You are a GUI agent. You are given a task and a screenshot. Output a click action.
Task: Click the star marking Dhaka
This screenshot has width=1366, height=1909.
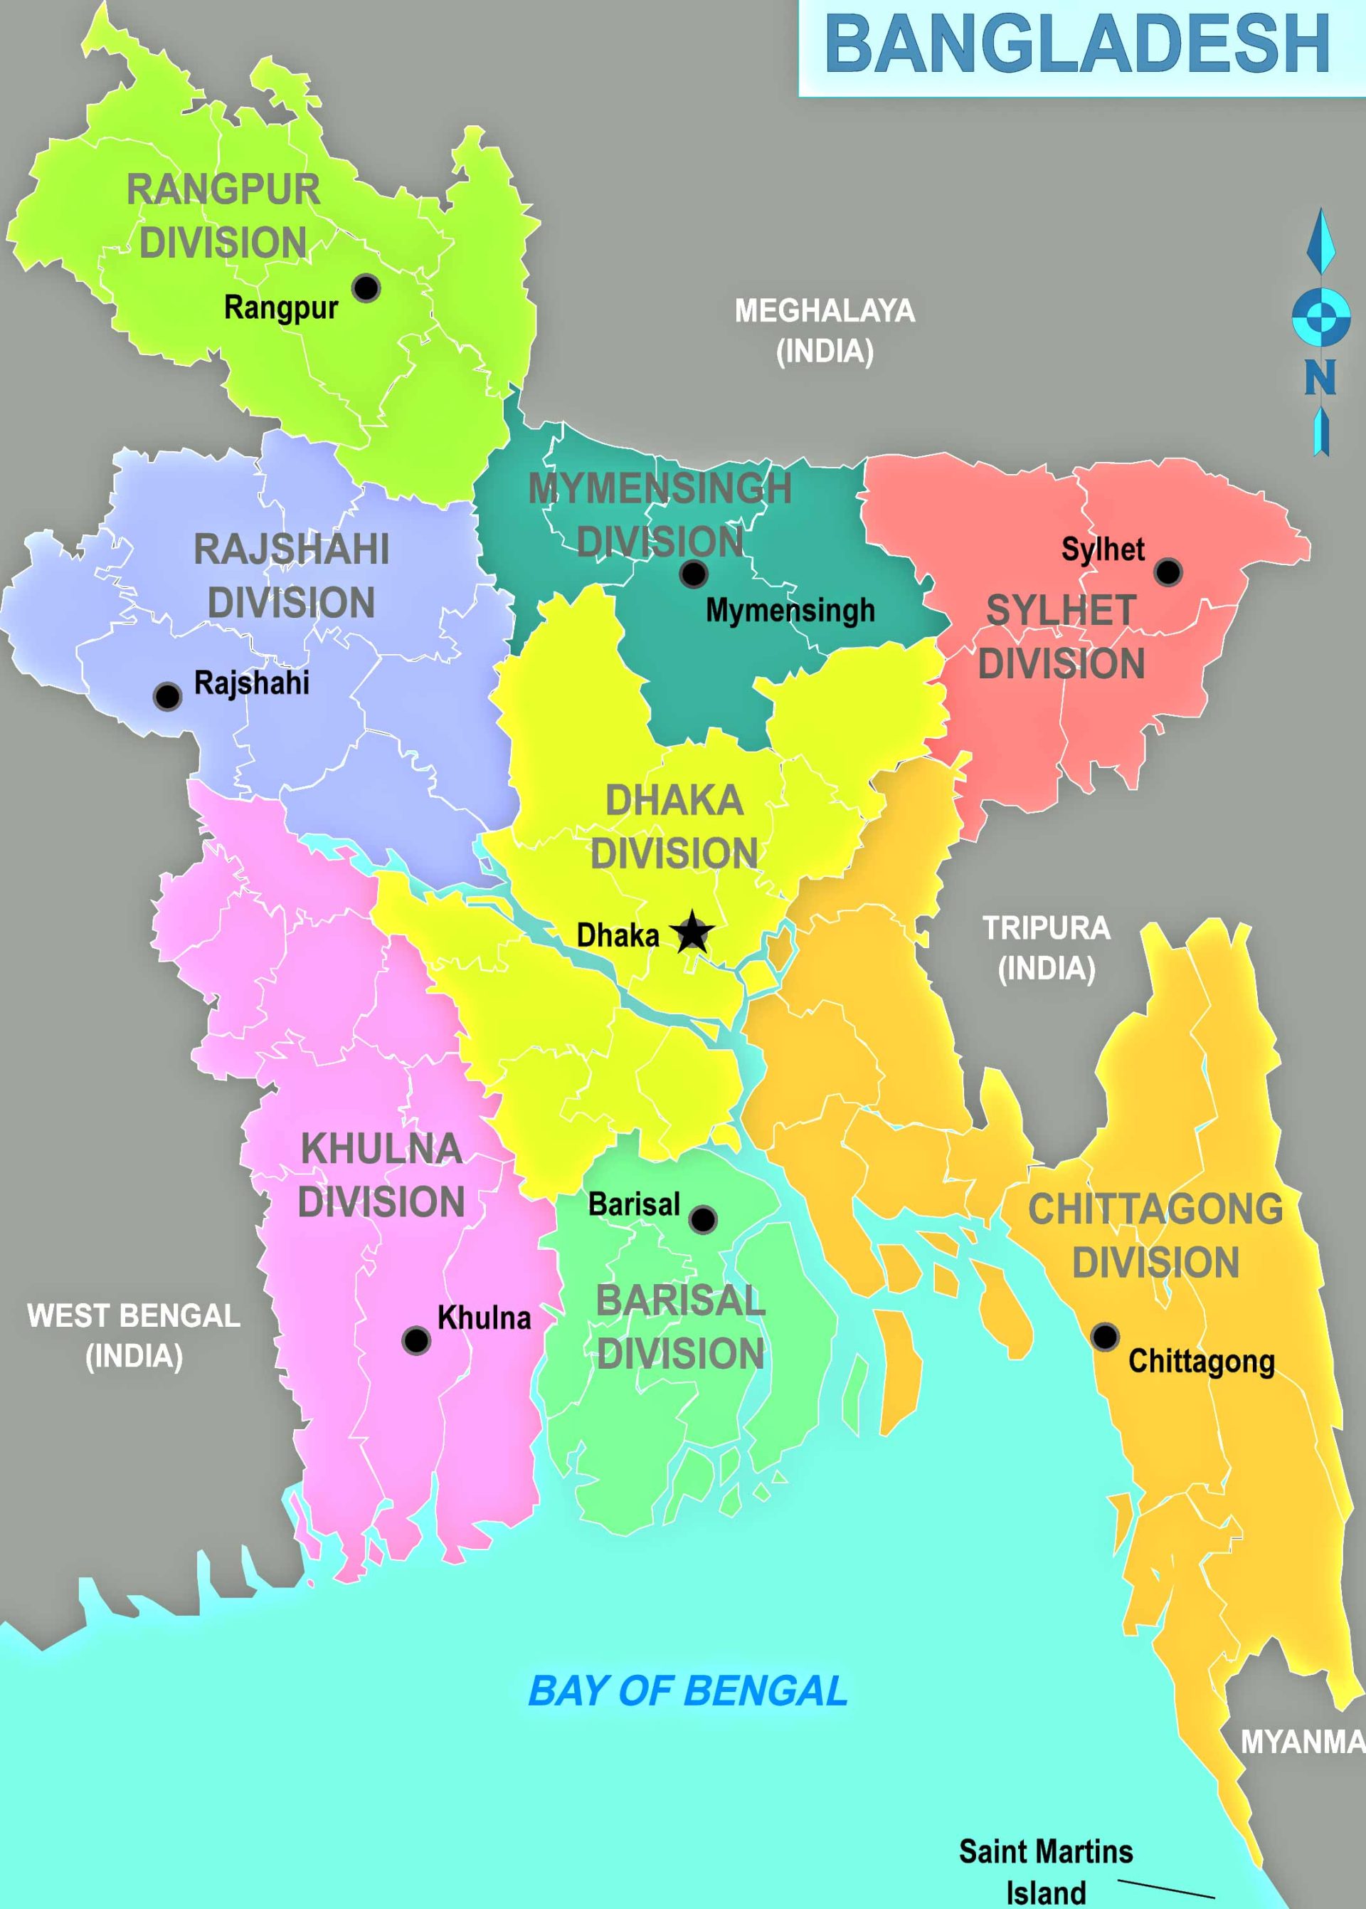692,932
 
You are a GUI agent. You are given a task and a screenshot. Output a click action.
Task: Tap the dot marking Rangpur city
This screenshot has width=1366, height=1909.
366,288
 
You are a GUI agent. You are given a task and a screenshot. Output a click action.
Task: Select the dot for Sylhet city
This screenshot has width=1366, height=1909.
1168,572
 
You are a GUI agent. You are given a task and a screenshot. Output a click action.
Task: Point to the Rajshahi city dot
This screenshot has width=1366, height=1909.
167,696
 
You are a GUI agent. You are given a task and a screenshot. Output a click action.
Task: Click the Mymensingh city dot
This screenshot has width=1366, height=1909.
693,574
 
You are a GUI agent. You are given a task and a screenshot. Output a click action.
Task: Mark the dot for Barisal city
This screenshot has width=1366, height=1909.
703,1219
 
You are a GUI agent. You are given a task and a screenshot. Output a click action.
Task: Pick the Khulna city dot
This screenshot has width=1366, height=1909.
415,1340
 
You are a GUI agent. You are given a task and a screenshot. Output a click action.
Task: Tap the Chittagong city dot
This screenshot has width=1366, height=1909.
1104,1336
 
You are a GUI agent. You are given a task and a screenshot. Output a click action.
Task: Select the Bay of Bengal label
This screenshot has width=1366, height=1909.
687,1691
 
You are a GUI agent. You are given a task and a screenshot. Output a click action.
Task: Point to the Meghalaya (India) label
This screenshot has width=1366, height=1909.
825,331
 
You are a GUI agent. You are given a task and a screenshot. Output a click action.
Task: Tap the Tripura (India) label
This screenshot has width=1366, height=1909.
1047,948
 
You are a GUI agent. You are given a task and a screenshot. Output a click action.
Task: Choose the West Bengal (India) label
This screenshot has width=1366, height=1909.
134,1335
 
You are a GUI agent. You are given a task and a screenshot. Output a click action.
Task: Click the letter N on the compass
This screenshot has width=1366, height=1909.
1320,378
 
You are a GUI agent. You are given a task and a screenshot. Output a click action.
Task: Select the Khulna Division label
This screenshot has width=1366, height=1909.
381,1175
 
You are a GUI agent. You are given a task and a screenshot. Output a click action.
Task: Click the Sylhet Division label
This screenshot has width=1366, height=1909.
1061,637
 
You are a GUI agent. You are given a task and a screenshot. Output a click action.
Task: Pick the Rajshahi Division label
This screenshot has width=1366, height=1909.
291,577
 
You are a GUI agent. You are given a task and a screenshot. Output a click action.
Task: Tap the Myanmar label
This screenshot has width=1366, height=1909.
1302,1742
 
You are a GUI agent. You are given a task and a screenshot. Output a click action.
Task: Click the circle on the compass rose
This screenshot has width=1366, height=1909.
1320,316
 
